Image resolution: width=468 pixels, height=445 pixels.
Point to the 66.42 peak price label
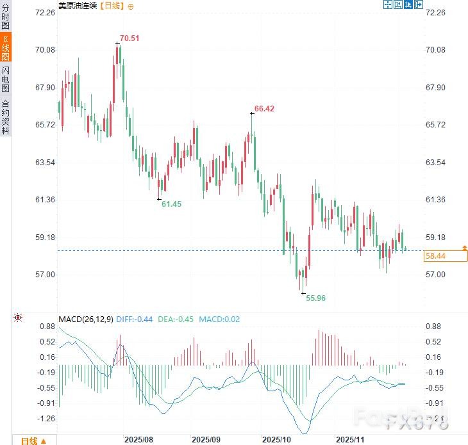pyautogui.click(x=264, y=109)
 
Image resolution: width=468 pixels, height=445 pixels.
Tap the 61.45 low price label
pyautogui.click(x=172, y=204)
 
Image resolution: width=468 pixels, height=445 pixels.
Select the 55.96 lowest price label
pyautogui.click(x=315, y=298)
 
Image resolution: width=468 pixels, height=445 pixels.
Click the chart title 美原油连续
pyautogui.click(x=77, y=6)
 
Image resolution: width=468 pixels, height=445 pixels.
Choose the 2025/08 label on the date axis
pyautogui.click(x=139, y=440)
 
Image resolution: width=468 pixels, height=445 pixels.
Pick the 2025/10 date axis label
pyautogui.click(x=277, y=440)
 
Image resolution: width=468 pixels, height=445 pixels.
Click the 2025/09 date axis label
pyautogui.click(x=206, y=440)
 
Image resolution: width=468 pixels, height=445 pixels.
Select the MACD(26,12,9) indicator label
pyautogui.click(x=85, y=319)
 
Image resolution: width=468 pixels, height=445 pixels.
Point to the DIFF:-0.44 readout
pyautogui.click(x=135, y=319)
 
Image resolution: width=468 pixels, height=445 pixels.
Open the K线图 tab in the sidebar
pyautogui.click(x=6, y=49)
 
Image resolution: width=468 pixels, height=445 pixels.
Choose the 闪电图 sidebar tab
pyautogui.click(x=6, y=79)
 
